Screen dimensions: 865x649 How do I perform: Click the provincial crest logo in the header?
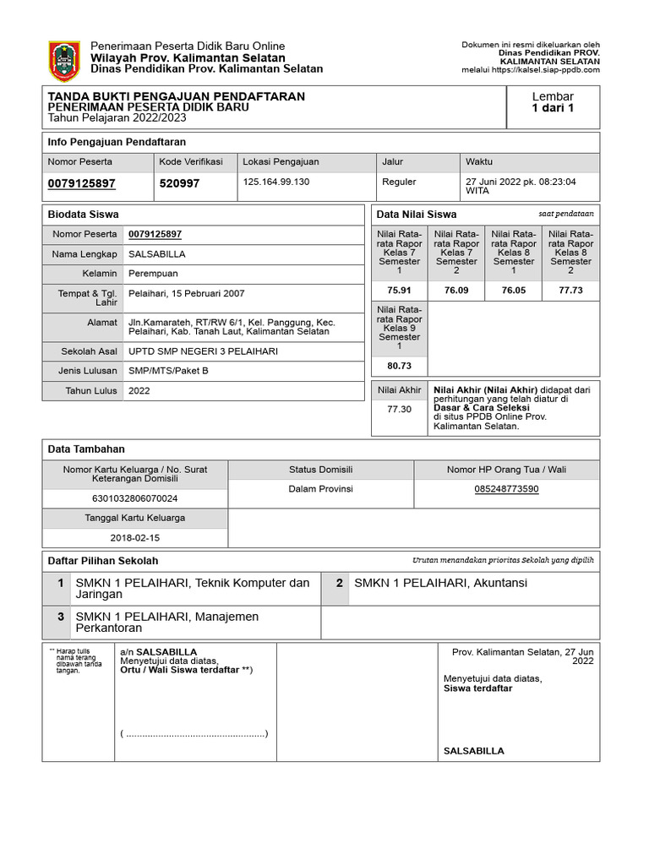pos(65,61)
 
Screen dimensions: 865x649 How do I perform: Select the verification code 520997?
pos(179,182)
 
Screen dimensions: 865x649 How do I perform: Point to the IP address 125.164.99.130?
pos(276,182)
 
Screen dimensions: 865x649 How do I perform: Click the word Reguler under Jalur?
pos(399,182)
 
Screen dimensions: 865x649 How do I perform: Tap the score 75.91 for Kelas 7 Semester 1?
pos(400,290)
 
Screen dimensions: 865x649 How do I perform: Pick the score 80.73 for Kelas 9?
pos(400,366)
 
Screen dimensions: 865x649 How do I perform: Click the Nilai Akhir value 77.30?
pos(400,409)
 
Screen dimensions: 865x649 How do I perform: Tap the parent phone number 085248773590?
pos(506,489)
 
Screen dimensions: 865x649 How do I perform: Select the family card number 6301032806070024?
pos(135,498)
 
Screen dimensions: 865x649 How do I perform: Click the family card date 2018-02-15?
pos(135,537)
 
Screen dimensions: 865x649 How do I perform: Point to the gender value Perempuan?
pos(153,274)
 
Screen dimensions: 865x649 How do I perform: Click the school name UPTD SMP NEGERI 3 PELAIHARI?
pos(203,351)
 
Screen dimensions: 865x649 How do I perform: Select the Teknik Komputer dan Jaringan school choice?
pos(193,589)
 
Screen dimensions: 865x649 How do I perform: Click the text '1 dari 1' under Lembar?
pos(553,108)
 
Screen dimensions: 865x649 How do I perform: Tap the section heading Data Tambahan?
pos(87,449)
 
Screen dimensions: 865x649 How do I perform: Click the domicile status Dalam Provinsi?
pos(320,489)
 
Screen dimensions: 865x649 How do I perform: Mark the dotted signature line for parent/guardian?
pos(194,733)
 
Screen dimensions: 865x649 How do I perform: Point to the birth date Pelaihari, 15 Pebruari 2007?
pos(186,293)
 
